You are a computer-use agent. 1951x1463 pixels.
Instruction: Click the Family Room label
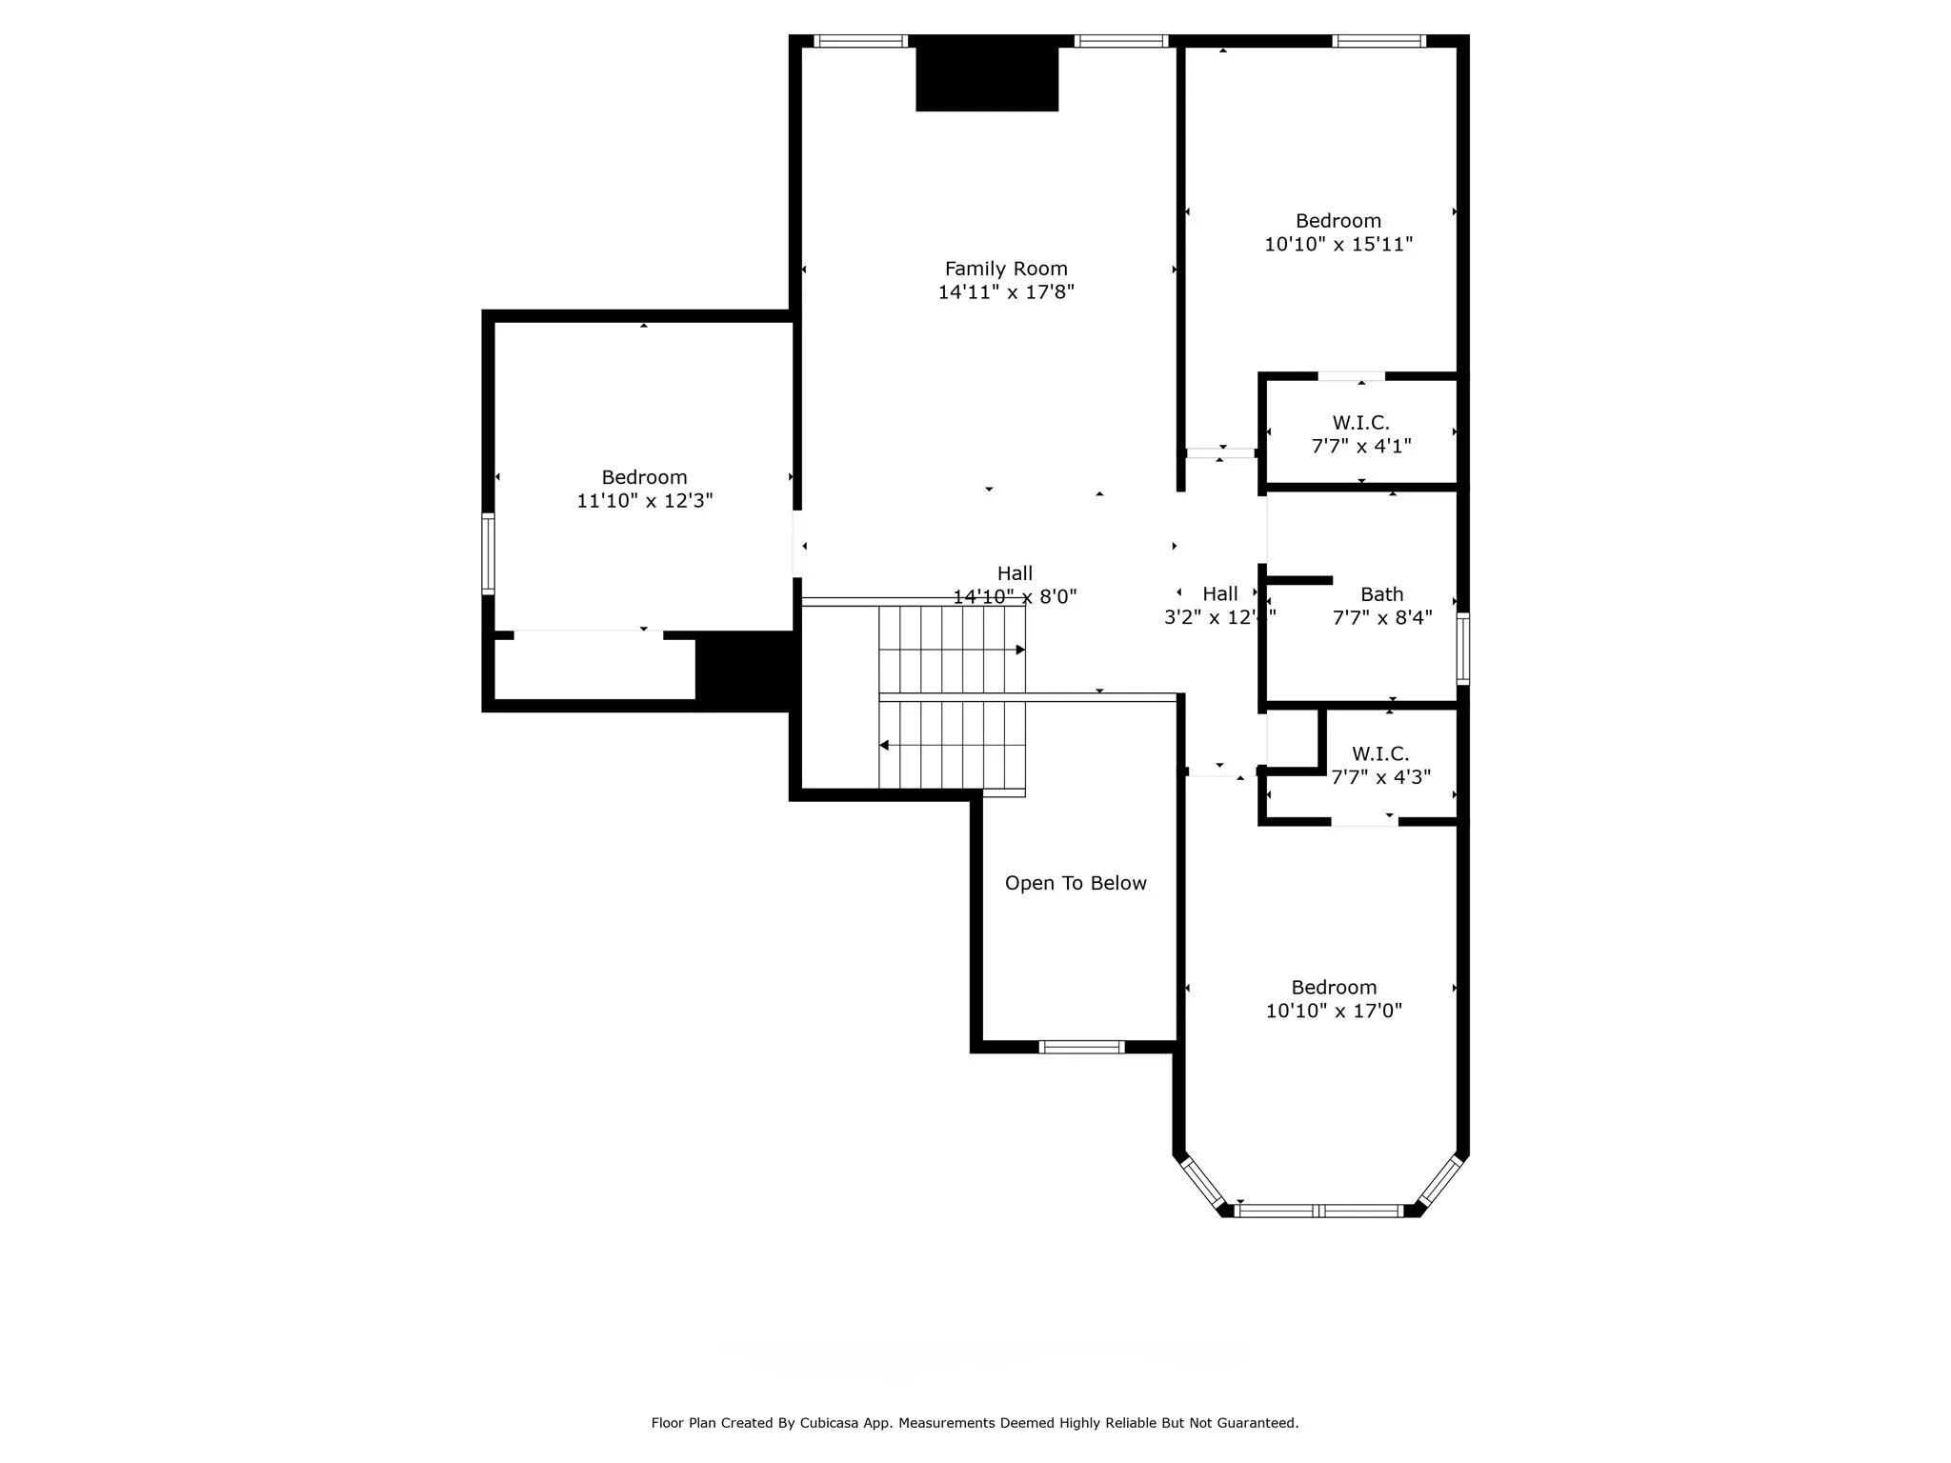(x=1006, y=269)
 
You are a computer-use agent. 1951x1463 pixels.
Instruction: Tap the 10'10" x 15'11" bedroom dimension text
(x=1338, y=245)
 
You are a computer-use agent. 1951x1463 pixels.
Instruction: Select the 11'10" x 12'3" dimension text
(x=644, y=501)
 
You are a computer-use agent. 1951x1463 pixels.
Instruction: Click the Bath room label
(x=1381, y=594)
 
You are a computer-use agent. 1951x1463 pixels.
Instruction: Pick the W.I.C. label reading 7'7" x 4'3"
(x=1379, y=754)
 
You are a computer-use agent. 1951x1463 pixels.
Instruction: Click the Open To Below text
(x=1076, y=884)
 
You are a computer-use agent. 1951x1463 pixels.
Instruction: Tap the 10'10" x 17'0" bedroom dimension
(x=1334, y=1012)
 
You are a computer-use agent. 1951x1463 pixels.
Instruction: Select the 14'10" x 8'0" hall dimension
(x=1015, y=597)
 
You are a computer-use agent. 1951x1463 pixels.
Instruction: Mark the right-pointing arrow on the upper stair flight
(x=1019, y=650)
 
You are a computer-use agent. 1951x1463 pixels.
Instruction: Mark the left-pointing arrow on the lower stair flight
(x=884, y=745)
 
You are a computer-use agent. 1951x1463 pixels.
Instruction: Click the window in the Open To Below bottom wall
(x=1081, y=1047)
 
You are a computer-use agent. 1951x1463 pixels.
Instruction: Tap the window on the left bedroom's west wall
(x=488, y=553)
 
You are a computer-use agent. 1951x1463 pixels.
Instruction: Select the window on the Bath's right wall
(x=1463, y=649)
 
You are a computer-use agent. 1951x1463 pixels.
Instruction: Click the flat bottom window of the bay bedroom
(x=1319, y=1212)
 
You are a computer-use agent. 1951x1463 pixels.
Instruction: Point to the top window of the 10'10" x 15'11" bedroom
(x=1378, y=41)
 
